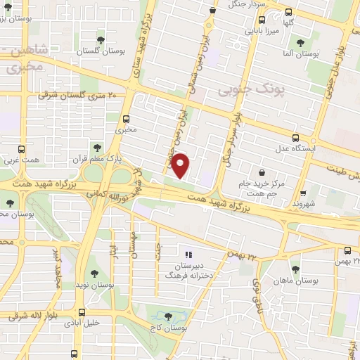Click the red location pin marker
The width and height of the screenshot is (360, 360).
tap(181, 165)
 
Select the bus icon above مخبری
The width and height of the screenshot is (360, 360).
tap(127, 118)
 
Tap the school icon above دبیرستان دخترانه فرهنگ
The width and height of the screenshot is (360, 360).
tap(188, 254)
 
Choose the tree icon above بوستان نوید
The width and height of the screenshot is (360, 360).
tap(94, 274)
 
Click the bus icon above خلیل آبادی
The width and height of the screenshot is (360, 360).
tap(82, 312)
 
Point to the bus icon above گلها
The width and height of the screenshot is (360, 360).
tap(289, 12)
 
